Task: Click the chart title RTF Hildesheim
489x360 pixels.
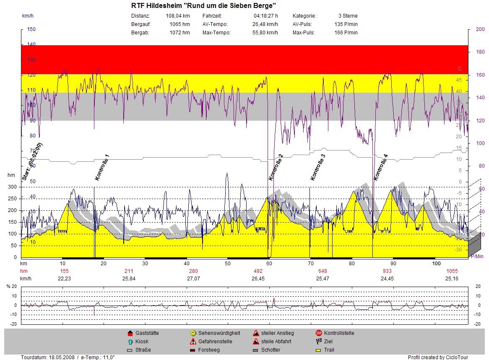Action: coord(203,6)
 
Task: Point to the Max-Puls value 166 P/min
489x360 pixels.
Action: coord(346,33)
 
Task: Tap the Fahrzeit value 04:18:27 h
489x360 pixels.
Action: coord(265,16)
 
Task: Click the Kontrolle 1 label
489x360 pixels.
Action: coord(102,167)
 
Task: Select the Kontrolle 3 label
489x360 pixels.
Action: coord(317,167)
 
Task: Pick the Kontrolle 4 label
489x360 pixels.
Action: coord(381,167)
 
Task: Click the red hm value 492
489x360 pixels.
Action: coord(258,271)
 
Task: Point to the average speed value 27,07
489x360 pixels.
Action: coord(194,278)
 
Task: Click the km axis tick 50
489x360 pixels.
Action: coord(228,264)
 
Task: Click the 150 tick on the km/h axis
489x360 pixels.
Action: coord(31,29)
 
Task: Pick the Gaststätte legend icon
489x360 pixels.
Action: coord(130,333)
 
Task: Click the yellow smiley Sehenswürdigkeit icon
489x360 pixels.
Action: coord(193,333)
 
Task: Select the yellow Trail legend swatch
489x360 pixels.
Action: coord(318,350)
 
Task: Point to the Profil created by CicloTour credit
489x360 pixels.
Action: coord(438,357)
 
